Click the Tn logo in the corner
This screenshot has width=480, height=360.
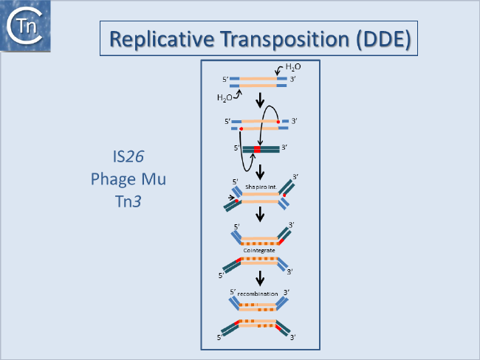[27, 27]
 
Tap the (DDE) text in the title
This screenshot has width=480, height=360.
[383, 39]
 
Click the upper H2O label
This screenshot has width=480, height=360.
[292, 67]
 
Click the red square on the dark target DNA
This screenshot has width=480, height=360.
[257, 150]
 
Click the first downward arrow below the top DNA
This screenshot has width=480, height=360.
[259, 99]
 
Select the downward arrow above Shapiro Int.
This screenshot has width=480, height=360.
[259, 167]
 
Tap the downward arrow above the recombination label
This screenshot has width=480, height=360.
[259, 278]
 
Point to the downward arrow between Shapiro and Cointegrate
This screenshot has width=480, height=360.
[259, 215]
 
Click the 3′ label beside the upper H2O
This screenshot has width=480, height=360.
[293, 79]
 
